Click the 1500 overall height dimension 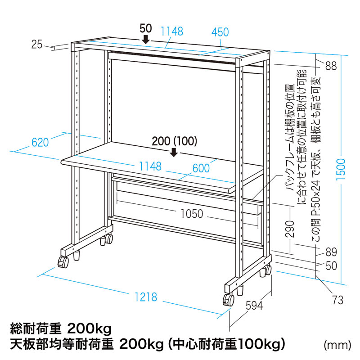click(x=341, y=169)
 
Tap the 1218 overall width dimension click(x=146, y=297)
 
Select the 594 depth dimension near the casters click(x=254, y=306)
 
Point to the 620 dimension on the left click(x=40, y=142)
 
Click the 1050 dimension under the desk click(x=192, y=214)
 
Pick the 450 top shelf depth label click(x=220, y=32)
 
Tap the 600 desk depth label click(x=201, y=168)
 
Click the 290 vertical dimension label click(x=290, y=229)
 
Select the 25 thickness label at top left click(x=37, y=44)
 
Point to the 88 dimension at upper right click(x=331, y=66)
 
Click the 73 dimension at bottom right click(x=338, y=300)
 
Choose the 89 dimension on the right click(x=331, y=252)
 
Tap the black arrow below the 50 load click(x=145, y=39)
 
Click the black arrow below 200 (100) click(x=174, y=153)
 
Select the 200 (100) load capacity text click(x=175, y=141)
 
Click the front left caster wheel click(x=63, y=262)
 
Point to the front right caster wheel click(x=228, y=300)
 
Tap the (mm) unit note click(x=337, y=345)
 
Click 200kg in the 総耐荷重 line click(x=89, y=329)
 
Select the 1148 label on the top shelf click(x=172, y=31)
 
